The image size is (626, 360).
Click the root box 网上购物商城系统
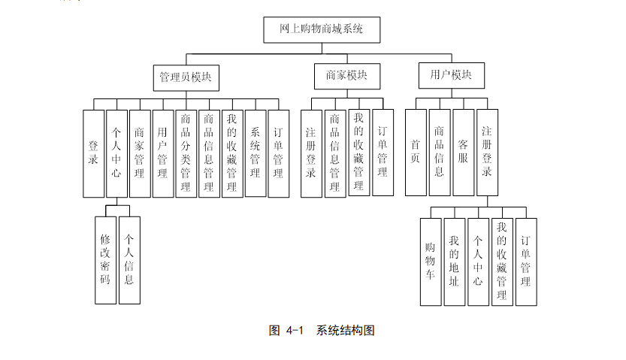[321, 29]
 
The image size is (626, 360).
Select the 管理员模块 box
[185, 77]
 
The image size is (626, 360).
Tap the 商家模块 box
[346, 76]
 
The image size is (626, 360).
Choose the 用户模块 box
[451, 75]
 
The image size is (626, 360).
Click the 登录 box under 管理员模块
[93, 153]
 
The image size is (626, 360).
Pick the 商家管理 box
[139, 153]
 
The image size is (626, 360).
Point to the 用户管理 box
[162, 153]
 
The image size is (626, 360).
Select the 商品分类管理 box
[186, 153]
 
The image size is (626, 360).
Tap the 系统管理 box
[255, 153]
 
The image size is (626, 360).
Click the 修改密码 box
[105, 259]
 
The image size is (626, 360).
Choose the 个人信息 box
[129, 259]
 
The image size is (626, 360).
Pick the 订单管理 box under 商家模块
[383, 153]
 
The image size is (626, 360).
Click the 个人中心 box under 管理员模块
[116, 153]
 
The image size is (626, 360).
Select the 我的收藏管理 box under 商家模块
[358, 153]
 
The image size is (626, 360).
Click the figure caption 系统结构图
[346, 330]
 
